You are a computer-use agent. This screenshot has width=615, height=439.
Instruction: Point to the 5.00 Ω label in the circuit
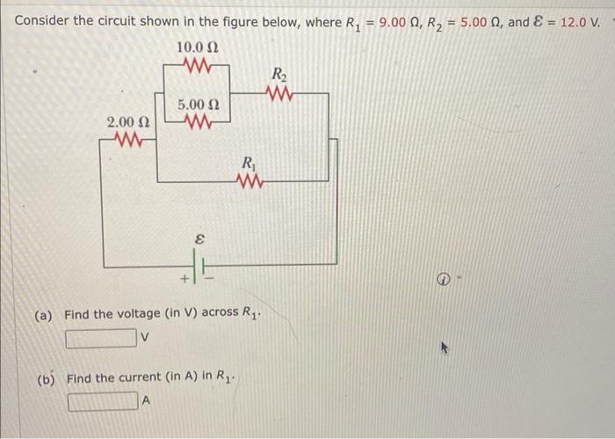coord(198,106)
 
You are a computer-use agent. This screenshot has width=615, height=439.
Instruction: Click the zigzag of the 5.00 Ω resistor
coord(197,121)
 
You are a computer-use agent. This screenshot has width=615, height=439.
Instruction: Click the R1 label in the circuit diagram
coord(250,163)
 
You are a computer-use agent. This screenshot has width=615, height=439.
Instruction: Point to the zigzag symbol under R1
coord(250,181)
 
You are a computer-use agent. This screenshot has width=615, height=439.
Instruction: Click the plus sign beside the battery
coord(185,279)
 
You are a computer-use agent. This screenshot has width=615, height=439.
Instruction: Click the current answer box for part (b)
coord(105,402)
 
